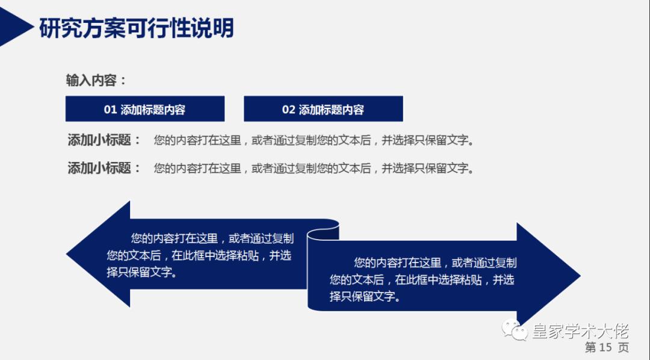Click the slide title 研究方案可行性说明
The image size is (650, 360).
click(x=136, y=28)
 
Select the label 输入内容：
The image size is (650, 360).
click(x=96, y=80)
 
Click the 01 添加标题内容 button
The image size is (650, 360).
click(x=144, y=109)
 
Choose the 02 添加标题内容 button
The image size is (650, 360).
click(x=323, y=109)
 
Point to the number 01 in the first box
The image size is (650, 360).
click(x=110, y=110)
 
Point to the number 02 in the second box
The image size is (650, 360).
click(x=288, y=110)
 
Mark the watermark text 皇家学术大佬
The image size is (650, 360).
click(x=580, y=331)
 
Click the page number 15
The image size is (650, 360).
click(x=605, y=347)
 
